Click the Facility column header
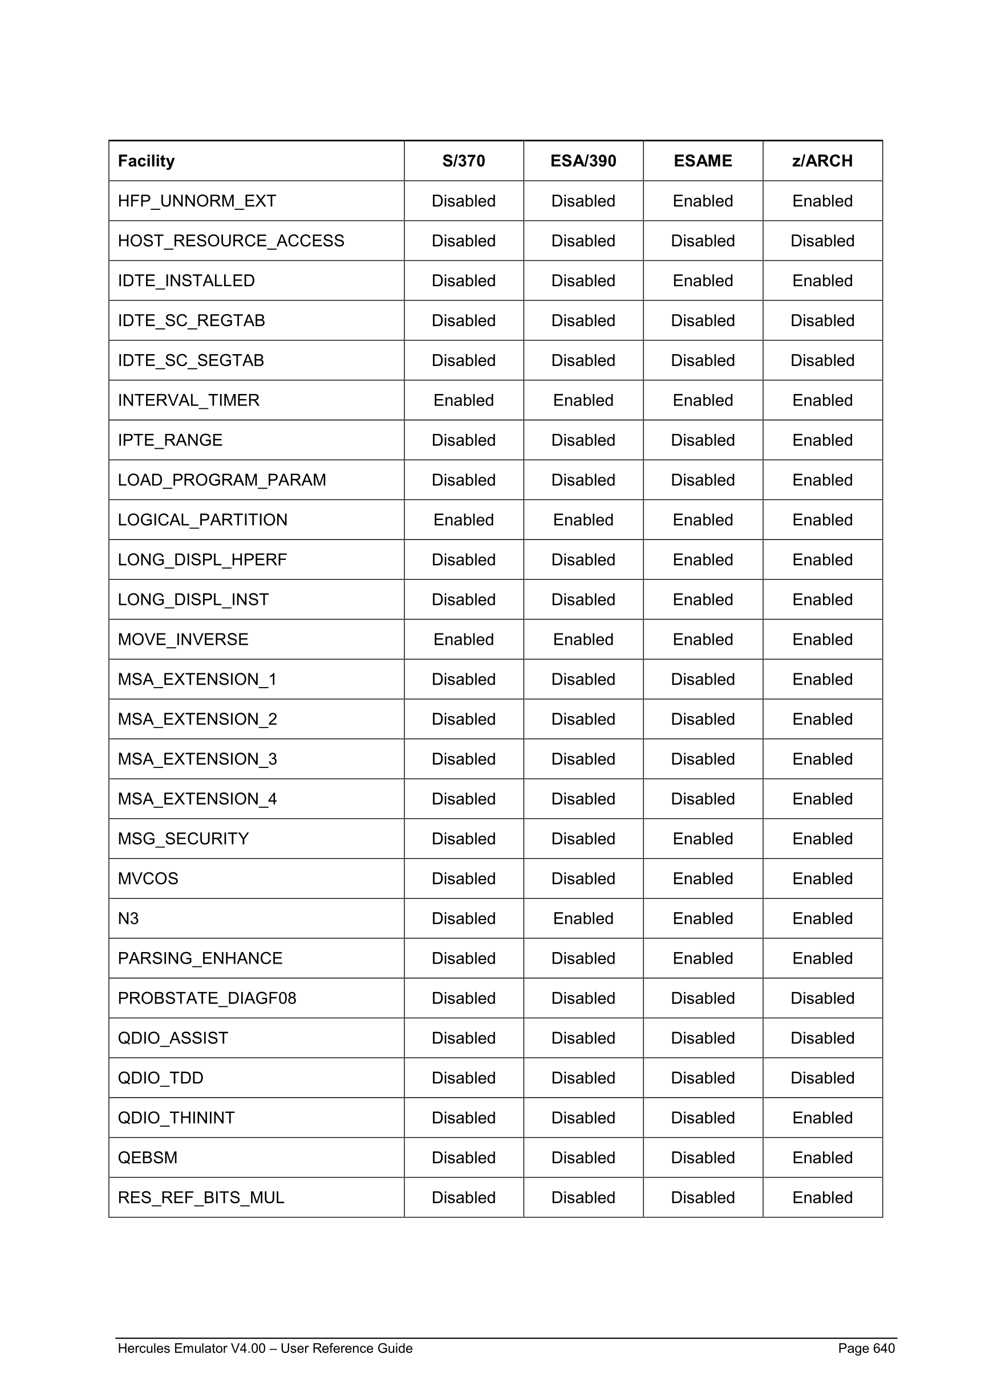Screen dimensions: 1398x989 (146, 161)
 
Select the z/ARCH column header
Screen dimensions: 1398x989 (822, 161)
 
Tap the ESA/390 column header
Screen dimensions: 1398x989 (583, 161)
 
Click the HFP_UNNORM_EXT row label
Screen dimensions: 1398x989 (197, 201)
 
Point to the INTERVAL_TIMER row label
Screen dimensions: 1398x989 (188, 400)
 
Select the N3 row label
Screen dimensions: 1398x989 (128, 918)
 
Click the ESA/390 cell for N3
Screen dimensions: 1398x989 (583, 918)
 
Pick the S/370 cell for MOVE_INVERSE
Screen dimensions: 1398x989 (464, 639)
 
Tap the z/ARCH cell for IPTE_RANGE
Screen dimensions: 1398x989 (822, 440)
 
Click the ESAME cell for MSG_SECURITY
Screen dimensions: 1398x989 (703, 839)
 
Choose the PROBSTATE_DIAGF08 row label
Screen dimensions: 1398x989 (207, 998)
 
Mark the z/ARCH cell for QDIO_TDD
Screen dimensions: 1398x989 (822, 1078)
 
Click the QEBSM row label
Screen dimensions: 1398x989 (147, 1157)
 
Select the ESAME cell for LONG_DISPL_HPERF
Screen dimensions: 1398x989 (703, 559)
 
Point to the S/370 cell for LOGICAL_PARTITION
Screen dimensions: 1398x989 (464, 520)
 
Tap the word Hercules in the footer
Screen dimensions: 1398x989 (143, 1348)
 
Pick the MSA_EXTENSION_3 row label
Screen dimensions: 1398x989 (197, 759)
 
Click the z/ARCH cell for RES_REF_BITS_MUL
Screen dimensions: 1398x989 (822, 1197)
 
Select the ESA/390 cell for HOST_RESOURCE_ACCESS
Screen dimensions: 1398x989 (583, 241)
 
